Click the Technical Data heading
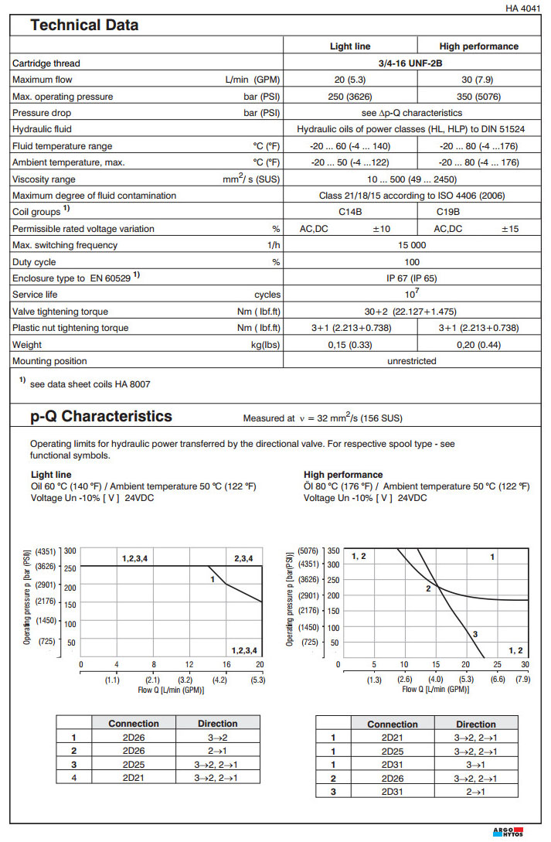tap(84, 26)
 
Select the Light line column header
tap(350, 46)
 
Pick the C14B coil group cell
tap(350, 212)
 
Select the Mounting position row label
tap(49, 361)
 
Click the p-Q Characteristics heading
tap(101, 417)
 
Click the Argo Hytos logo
tap(507, 832)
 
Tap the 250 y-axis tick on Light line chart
tap(70, 567)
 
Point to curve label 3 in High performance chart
tap(474, 634)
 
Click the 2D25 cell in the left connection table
tap(134, 764)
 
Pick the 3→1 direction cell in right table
tap(476, 764)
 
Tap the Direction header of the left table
tap(217, 724)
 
